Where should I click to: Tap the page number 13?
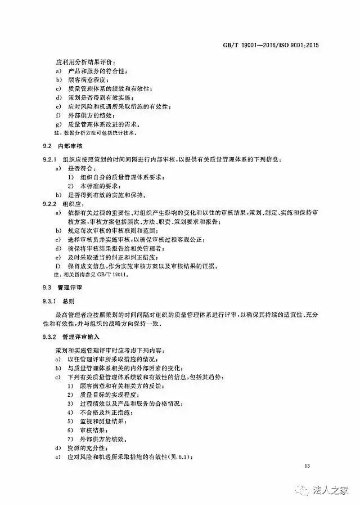(307, 466)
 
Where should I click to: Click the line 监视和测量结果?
(101, 420)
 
